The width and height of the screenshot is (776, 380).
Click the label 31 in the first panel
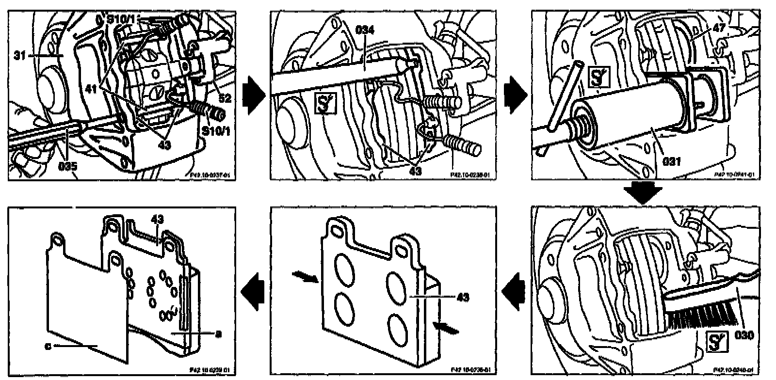(20, 55)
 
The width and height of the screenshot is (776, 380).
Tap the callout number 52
(225, 98)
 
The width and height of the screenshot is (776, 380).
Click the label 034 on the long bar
(365, 30)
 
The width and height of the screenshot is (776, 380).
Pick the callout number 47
(719, 28)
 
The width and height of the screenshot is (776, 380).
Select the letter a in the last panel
(219, 333)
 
